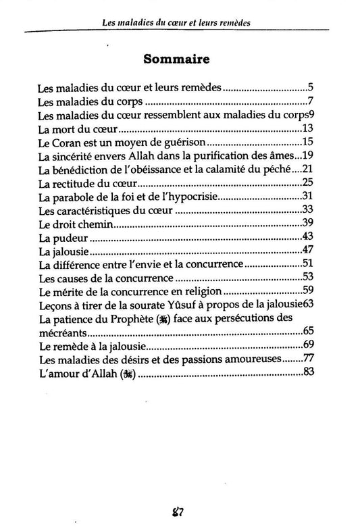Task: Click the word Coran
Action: click(68, 143)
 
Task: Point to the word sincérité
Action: click(75, 156)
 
